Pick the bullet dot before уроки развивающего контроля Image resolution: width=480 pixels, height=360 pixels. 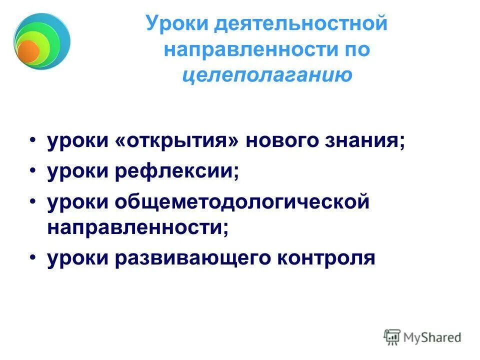tap(32, 257)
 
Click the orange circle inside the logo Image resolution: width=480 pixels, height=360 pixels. tap(28, 50)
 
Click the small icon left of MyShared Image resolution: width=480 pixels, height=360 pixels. tap(392, 336)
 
